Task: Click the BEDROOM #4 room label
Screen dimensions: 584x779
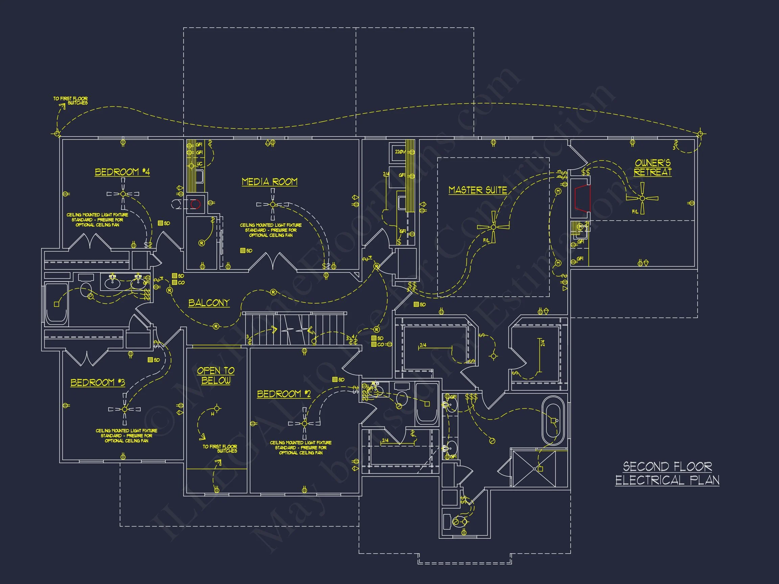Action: [122, 172]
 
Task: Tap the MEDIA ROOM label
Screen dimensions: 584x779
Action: [269, 181]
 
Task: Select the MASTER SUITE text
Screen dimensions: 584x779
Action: [477, 190]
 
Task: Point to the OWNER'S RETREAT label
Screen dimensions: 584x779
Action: [653, 168]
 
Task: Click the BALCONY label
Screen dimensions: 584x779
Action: [209, 303]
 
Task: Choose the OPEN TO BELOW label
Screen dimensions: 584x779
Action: [215, 375]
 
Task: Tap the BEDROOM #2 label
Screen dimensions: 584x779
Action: [284, 394]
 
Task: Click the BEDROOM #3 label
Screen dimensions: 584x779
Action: [98, 382]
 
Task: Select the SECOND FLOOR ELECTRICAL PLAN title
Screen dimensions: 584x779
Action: [667, 473]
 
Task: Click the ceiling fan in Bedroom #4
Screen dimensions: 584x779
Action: [123, 194]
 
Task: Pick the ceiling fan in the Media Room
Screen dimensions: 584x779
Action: [273, 204]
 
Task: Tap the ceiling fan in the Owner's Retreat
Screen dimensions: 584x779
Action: [642, 198]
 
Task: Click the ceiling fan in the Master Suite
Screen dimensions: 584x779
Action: [493, 227]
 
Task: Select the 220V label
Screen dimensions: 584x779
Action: [400, 152]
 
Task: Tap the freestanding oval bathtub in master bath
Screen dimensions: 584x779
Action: [552, 421]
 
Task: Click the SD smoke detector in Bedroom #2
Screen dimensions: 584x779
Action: [338, 380]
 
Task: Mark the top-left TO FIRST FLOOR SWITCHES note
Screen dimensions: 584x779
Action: [71, 101]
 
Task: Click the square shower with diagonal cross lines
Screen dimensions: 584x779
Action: [534, 468]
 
